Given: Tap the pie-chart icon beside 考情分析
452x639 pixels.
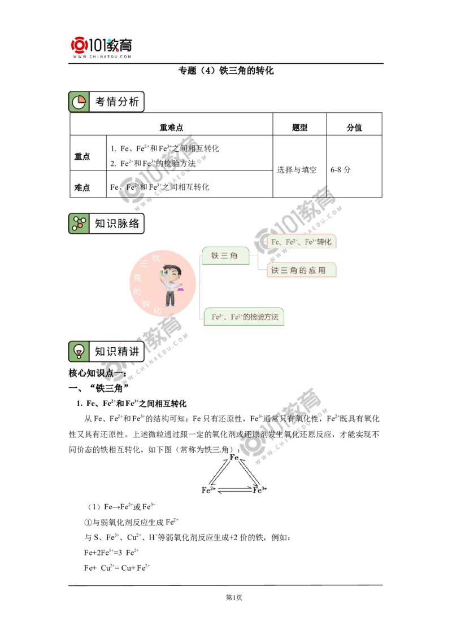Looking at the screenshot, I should [79, 102].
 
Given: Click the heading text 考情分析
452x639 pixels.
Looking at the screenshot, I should [117, 102].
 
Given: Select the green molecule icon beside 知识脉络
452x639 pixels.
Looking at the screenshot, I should [79, 224].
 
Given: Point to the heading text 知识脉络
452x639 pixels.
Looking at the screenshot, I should [117, 224].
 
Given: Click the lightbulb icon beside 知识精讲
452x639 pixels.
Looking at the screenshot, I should [79, 351].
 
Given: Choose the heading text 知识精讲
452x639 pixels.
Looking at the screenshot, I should [117, 351].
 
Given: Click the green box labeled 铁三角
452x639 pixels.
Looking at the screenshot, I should [225, 256].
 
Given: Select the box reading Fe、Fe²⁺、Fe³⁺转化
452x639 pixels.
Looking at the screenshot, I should [302, 242].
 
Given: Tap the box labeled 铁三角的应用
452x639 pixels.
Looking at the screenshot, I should [302, 270].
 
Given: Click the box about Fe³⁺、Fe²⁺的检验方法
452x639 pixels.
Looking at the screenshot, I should [245, 317].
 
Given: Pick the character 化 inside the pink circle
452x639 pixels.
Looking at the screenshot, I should [157, 310].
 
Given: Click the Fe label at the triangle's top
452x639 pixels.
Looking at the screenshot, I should [233, 456].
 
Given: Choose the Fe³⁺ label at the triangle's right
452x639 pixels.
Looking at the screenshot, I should [259, 490].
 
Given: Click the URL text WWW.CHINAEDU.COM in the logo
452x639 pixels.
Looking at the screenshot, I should [102, 57].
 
